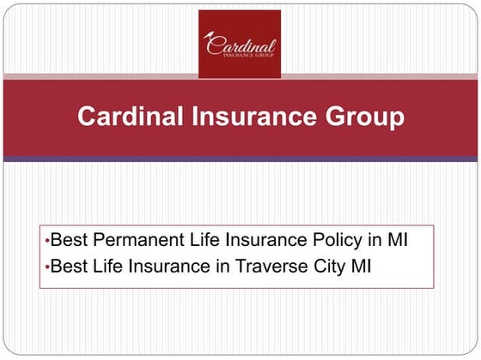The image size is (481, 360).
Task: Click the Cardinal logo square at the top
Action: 240,44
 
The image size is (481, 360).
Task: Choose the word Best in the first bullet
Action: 68,242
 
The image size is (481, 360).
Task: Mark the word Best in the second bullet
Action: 68,266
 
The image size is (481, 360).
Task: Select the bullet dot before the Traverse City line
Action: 46,267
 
